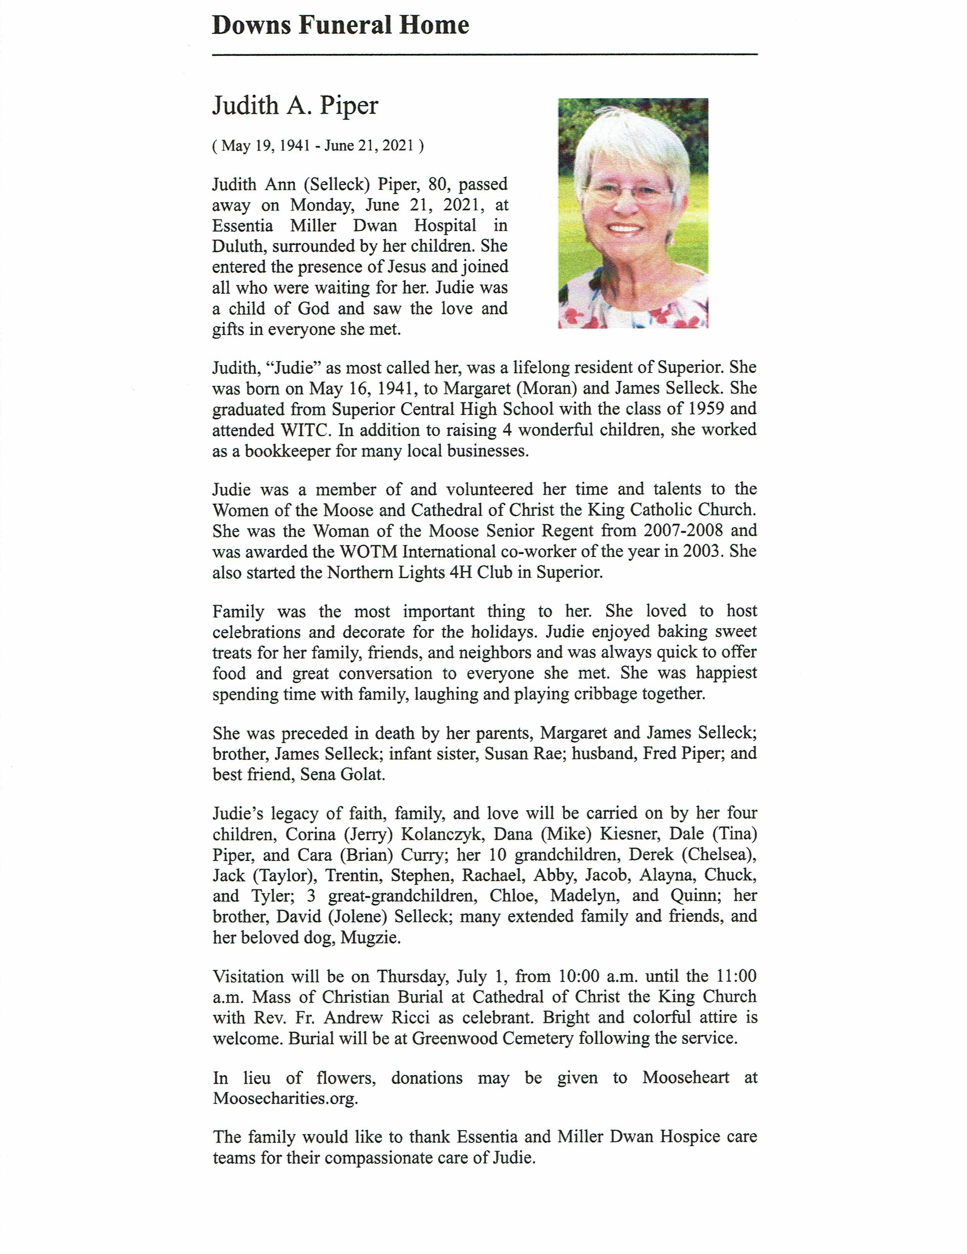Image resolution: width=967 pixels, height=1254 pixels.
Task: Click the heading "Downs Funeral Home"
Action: [341, 25]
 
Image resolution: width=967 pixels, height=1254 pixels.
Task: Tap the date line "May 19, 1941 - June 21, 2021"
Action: [318, 146]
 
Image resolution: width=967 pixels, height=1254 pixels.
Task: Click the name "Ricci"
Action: [410, 1017]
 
